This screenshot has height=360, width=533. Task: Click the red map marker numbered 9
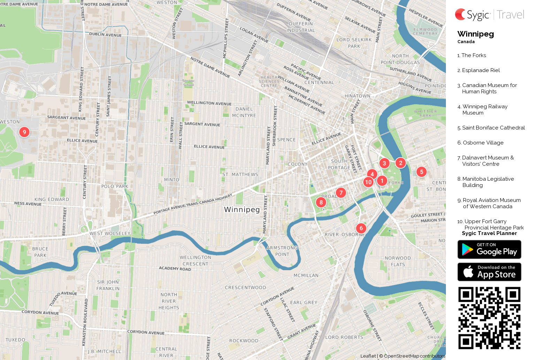(24, 132)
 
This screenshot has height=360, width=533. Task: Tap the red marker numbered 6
(361, 228)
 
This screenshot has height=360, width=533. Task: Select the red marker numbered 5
(422, 172)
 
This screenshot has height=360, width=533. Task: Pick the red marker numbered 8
(321, 202)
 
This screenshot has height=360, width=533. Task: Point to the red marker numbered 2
(401, 163)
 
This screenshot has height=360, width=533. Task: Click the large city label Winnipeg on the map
(242, 210)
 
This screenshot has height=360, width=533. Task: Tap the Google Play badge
(489, 250)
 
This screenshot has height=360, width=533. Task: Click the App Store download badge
(489, 272)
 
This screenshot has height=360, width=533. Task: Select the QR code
(489, 318)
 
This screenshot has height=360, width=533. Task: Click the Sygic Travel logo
(489, 15)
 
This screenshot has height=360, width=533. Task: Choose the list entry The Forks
(473, 55)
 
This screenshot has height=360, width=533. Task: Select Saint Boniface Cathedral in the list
(493, 128)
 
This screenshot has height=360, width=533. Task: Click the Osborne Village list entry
(483, 143)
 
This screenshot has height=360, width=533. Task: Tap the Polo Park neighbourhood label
(115, 186)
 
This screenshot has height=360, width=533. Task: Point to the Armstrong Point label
(282, 251)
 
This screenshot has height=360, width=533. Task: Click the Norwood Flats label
(398, 261)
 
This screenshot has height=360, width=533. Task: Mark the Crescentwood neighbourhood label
(245, 288)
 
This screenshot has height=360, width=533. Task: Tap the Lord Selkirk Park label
(354, 43)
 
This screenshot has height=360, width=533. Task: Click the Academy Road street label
(175, 268)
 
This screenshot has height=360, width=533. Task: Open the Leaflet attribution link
(368, 356)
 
